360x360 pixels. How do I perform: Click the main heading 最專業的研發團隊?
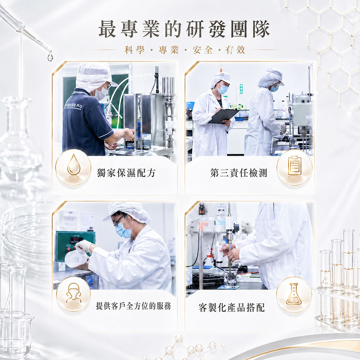(x=184, y=29)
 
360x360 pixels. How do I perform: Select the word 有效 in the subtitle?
(x=235, y=50)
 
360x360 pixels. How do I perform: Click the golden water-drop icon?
(x=74, y=165)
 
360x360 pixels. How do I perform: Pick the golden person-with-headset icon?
(x=73, y=293)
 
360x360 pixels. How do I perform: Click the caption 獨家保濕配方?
(x=126, y=173)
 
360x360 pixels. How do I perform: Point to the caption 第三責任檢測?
(x=239, y=173)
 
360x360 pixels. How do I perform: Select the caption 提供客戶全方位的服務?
(x=134, y=306)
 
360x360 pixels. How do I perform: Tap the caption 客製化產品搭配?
(x=231, y=307)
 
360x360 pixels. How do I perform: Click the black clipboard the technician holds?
(x=224, y=116)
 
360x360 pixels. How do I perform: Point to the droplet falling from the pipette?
(x=50, y=56)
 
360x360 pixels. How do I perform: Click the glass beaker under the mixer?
(x=230, y=278)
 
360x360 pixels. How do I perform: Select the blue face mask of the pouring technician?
(x=123, y=230)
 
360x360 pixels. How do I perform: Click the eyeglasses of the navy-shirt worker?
(x=109, y=85)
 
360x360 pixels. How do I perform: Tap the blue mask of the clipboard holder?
(x=223, y=89)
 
